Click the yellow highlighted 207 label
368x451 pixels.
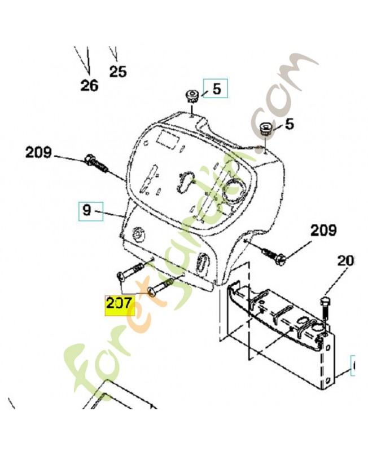click(120, 305)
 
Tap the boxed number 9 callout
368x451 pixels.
click(91, 211)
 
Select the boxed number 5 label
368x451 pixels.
click(216, 88)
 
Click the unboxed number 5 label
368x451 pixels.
click(289, 124)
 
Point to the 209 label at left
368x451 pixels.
click(38, 152)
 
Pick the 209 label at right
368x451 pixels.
click(323, 231)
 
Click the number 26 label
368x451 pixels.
click(89, 86)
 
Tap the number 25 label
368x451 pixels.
click(118, 72)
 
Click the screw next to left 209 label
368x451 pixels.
click(96, 163)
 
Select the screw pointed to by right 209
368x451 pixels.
click(273, 255)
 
